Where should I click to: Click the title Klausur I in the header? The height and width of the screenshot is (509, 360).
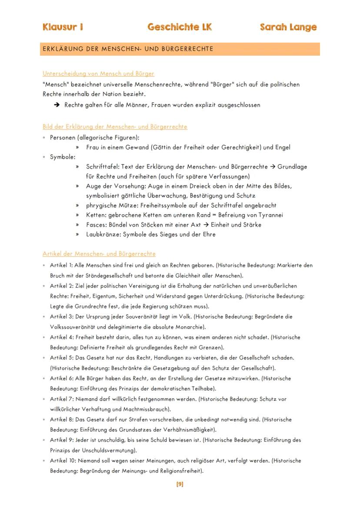[63, 27]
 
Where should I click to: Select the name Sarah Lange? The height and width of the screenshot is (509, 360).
[288, 27]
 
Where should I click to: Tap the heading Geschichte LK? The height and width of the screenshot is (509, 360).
[180, 27]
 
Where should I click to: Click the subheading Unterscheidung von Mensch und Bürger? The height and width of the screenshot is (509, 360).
[98, 73]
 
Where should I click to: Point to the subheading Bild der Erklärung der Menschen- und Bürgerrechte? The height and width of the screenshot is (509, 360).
[115, 127]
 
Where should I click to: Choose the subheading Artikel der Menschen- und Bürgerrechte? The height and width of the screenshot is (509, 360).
[99, 253]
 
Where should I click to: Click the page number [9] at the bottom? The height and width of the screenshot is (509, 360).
[180, 484]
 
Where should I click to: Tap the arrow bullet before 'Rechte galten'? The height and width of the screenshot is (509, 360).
[57, 105]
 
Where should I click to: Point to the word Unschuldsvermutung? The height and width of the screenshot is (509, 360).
[109, 450]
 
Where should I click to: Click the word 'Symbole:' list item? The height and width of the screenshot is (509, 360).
[63, 157]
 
